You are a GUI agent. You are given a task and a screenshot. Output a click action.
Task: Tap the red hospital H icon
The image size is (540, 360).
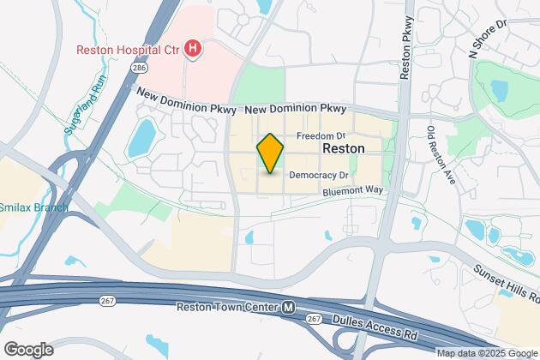tap(194, 48)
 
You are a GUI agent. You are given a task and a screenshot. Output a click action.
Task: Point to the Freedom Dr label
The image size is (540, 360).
tap(321, 136)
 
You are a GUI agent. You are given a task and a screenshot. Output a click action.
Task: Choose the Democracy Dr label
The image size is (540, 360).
tap(317, 175)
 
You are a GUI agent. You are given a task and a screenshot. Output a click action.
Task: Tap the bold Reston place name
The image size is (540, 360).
tap(343, 148)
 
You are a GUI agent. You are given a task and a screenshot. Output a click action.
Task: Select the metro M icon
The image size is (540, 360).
tap(290, 307)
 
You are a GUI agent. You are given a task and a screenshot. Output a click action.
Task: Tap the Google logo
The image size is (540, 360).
tap(27, 349)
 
